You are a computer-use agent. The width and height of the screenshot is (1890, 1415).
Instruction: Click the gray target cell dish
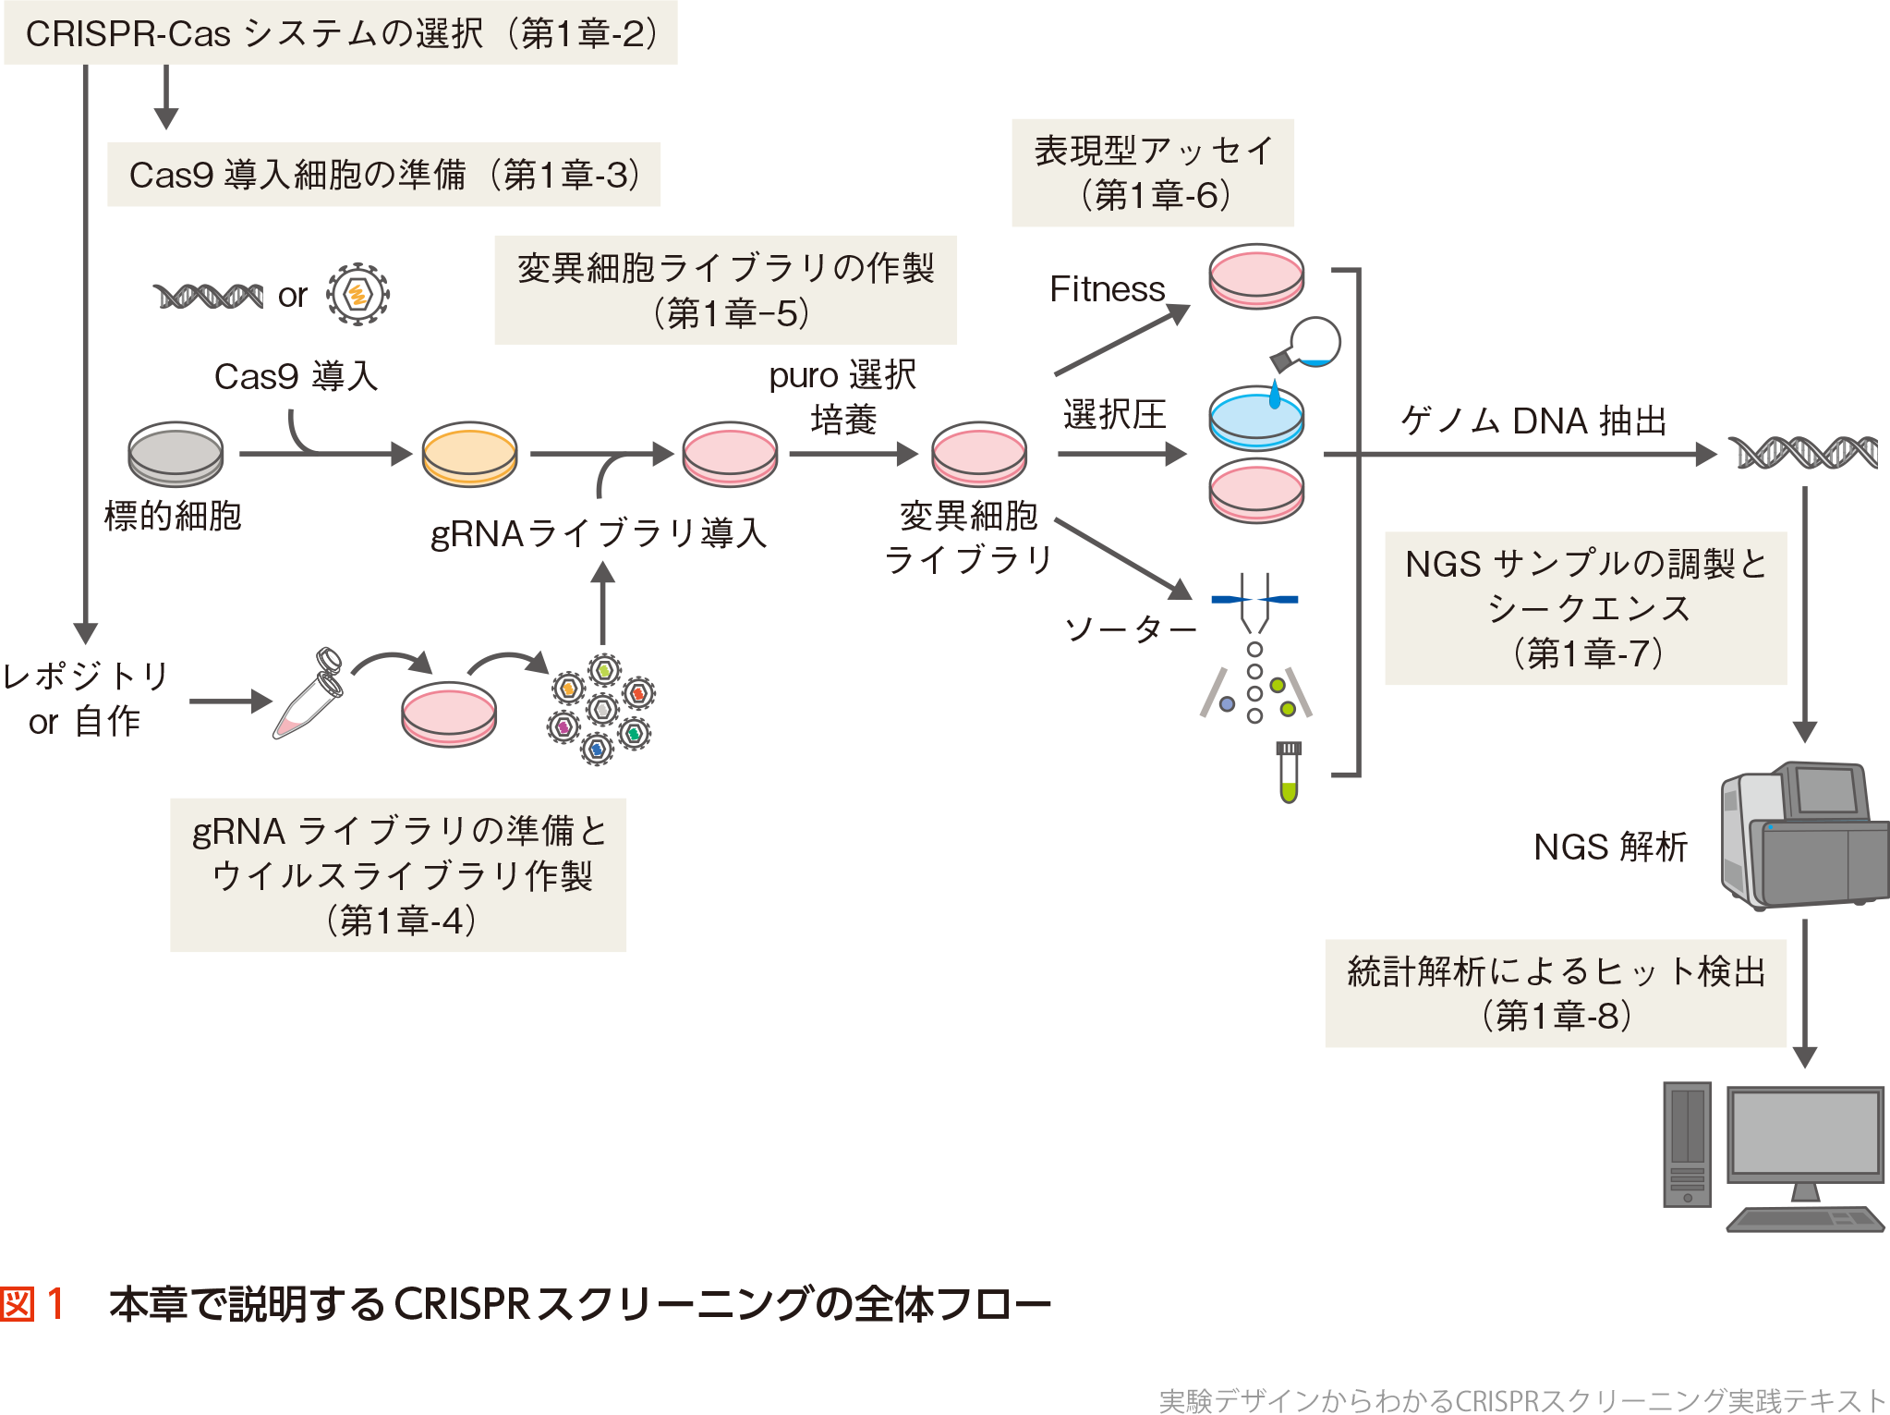[176, 454]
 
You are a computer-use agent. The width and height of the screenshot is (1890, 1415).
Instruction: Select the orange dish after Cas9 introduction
[469, 454]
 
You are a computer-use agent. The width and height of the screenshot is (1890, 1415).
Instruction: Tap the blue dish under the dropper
[1256, 417]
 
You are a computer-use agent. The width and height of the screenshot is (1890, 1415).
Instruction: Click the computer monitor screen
[1805, 1132]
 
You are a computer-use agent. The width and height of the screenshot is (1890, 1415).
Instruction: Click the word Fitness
[1107, 289]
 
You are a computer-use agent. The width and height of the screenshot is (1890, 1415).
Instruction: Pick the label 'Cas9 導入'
[296, 376]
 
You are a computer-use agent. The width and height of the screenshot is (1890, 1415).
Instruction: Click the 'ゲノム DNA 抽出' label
[1533, 421]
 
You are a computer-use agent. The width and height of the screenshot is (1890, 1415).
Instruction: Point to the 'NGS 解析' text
[1610, 847]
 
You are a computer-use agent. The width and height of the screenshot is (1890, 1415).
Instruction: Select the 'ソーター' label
[1130, 629]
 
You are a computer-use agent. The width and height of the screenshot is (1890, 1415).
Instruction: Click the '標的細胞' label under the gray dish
[173, 516]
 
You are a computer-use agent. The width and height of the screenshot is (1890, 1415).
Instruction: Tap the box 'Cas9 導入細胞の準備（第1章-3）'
[383, 175]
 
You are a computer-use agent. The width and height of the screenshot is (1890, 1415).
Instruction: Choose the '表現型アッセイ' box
[1153, 173]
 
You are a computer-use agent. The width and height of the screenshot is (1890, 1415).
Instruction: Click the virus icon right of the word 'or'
[357, 295]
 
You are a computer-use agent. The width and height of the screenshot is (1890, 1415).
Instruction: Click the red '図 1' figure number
[33, 1304]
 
